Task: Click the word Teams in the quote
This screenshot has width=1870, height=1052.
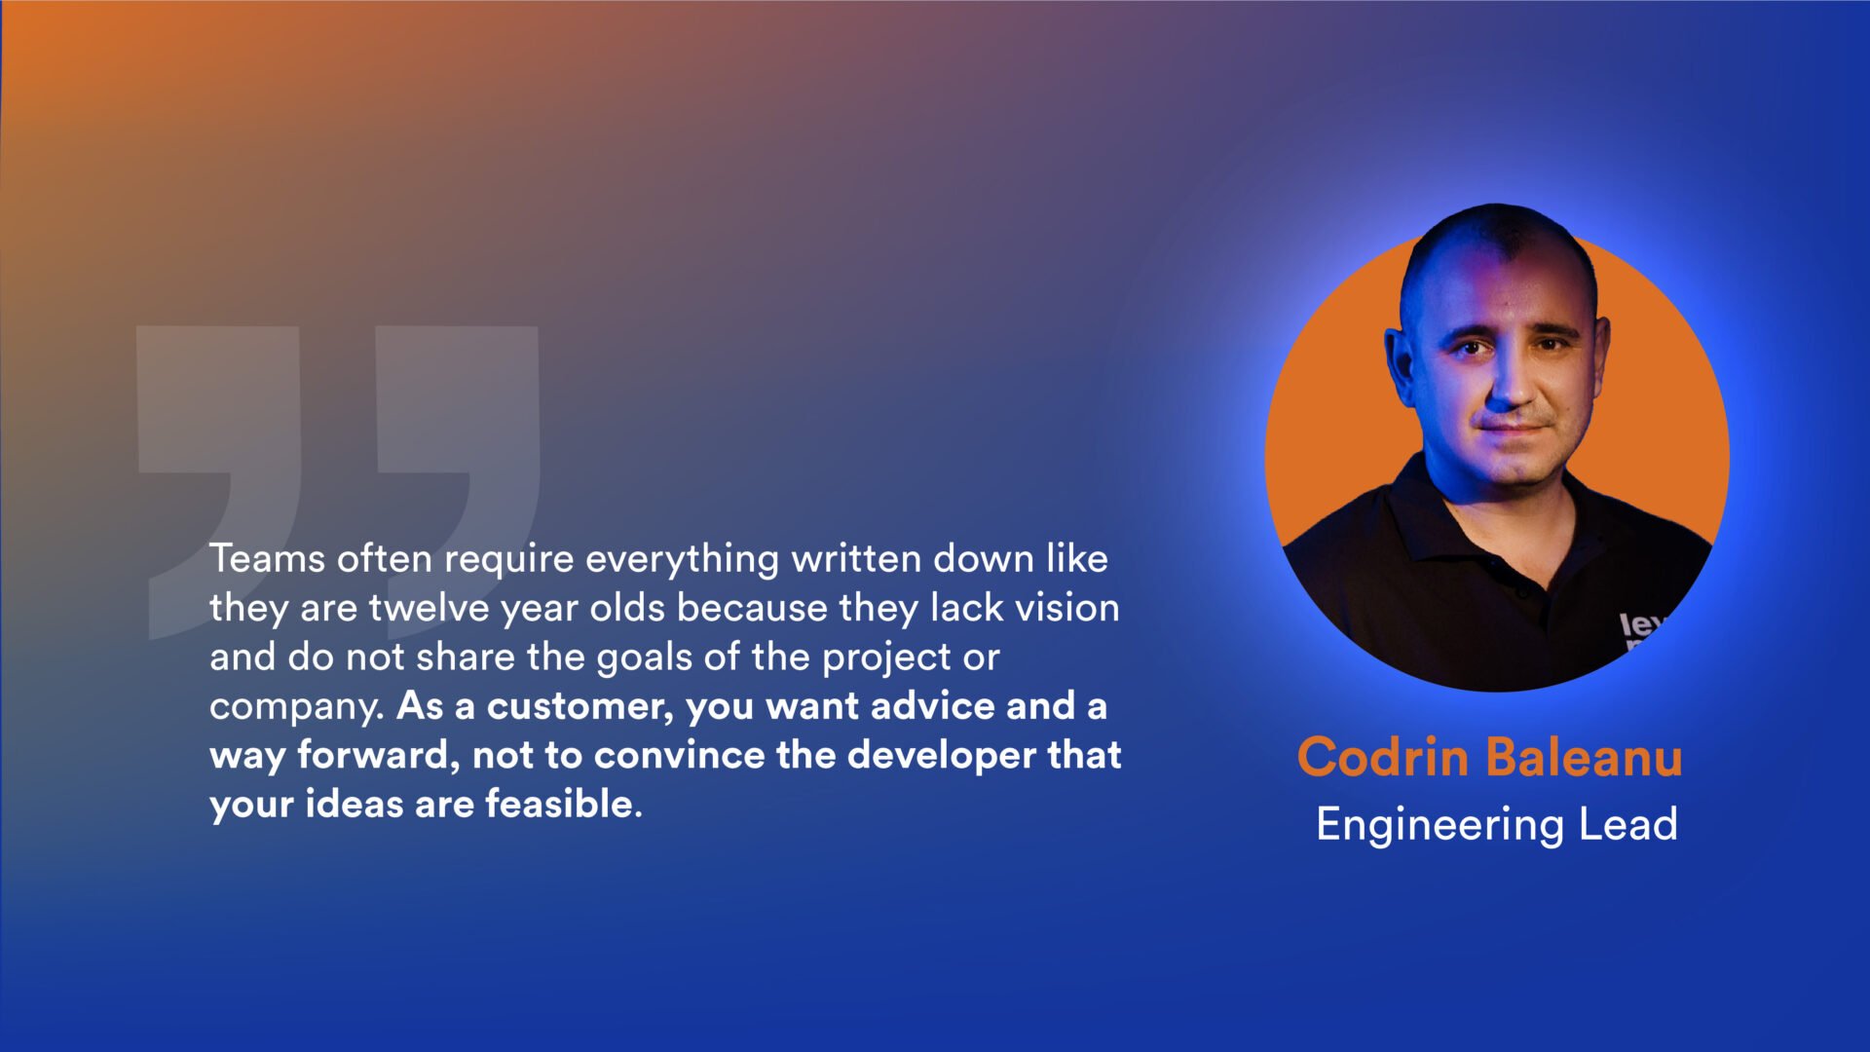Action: (x=267, y=558)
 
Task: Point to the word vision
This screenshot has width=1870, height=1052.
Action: (x=1067, y=608)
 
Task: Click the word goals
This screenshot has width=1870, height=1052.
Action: (x=644, y=657)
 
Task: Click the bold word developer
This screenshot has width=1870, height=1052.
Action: (x=942, y=756)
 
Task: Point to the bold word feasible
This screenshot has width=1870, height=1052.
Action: (x=563, y=804)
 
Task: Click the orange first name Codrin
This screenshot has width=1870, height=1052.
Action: (x=1382, y=757)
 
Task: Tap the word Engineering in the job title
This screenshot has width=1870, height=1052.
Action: (x=1440, y=825)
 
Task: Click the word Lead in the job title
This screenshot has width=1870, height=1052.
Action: (x=1628, y=824)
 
